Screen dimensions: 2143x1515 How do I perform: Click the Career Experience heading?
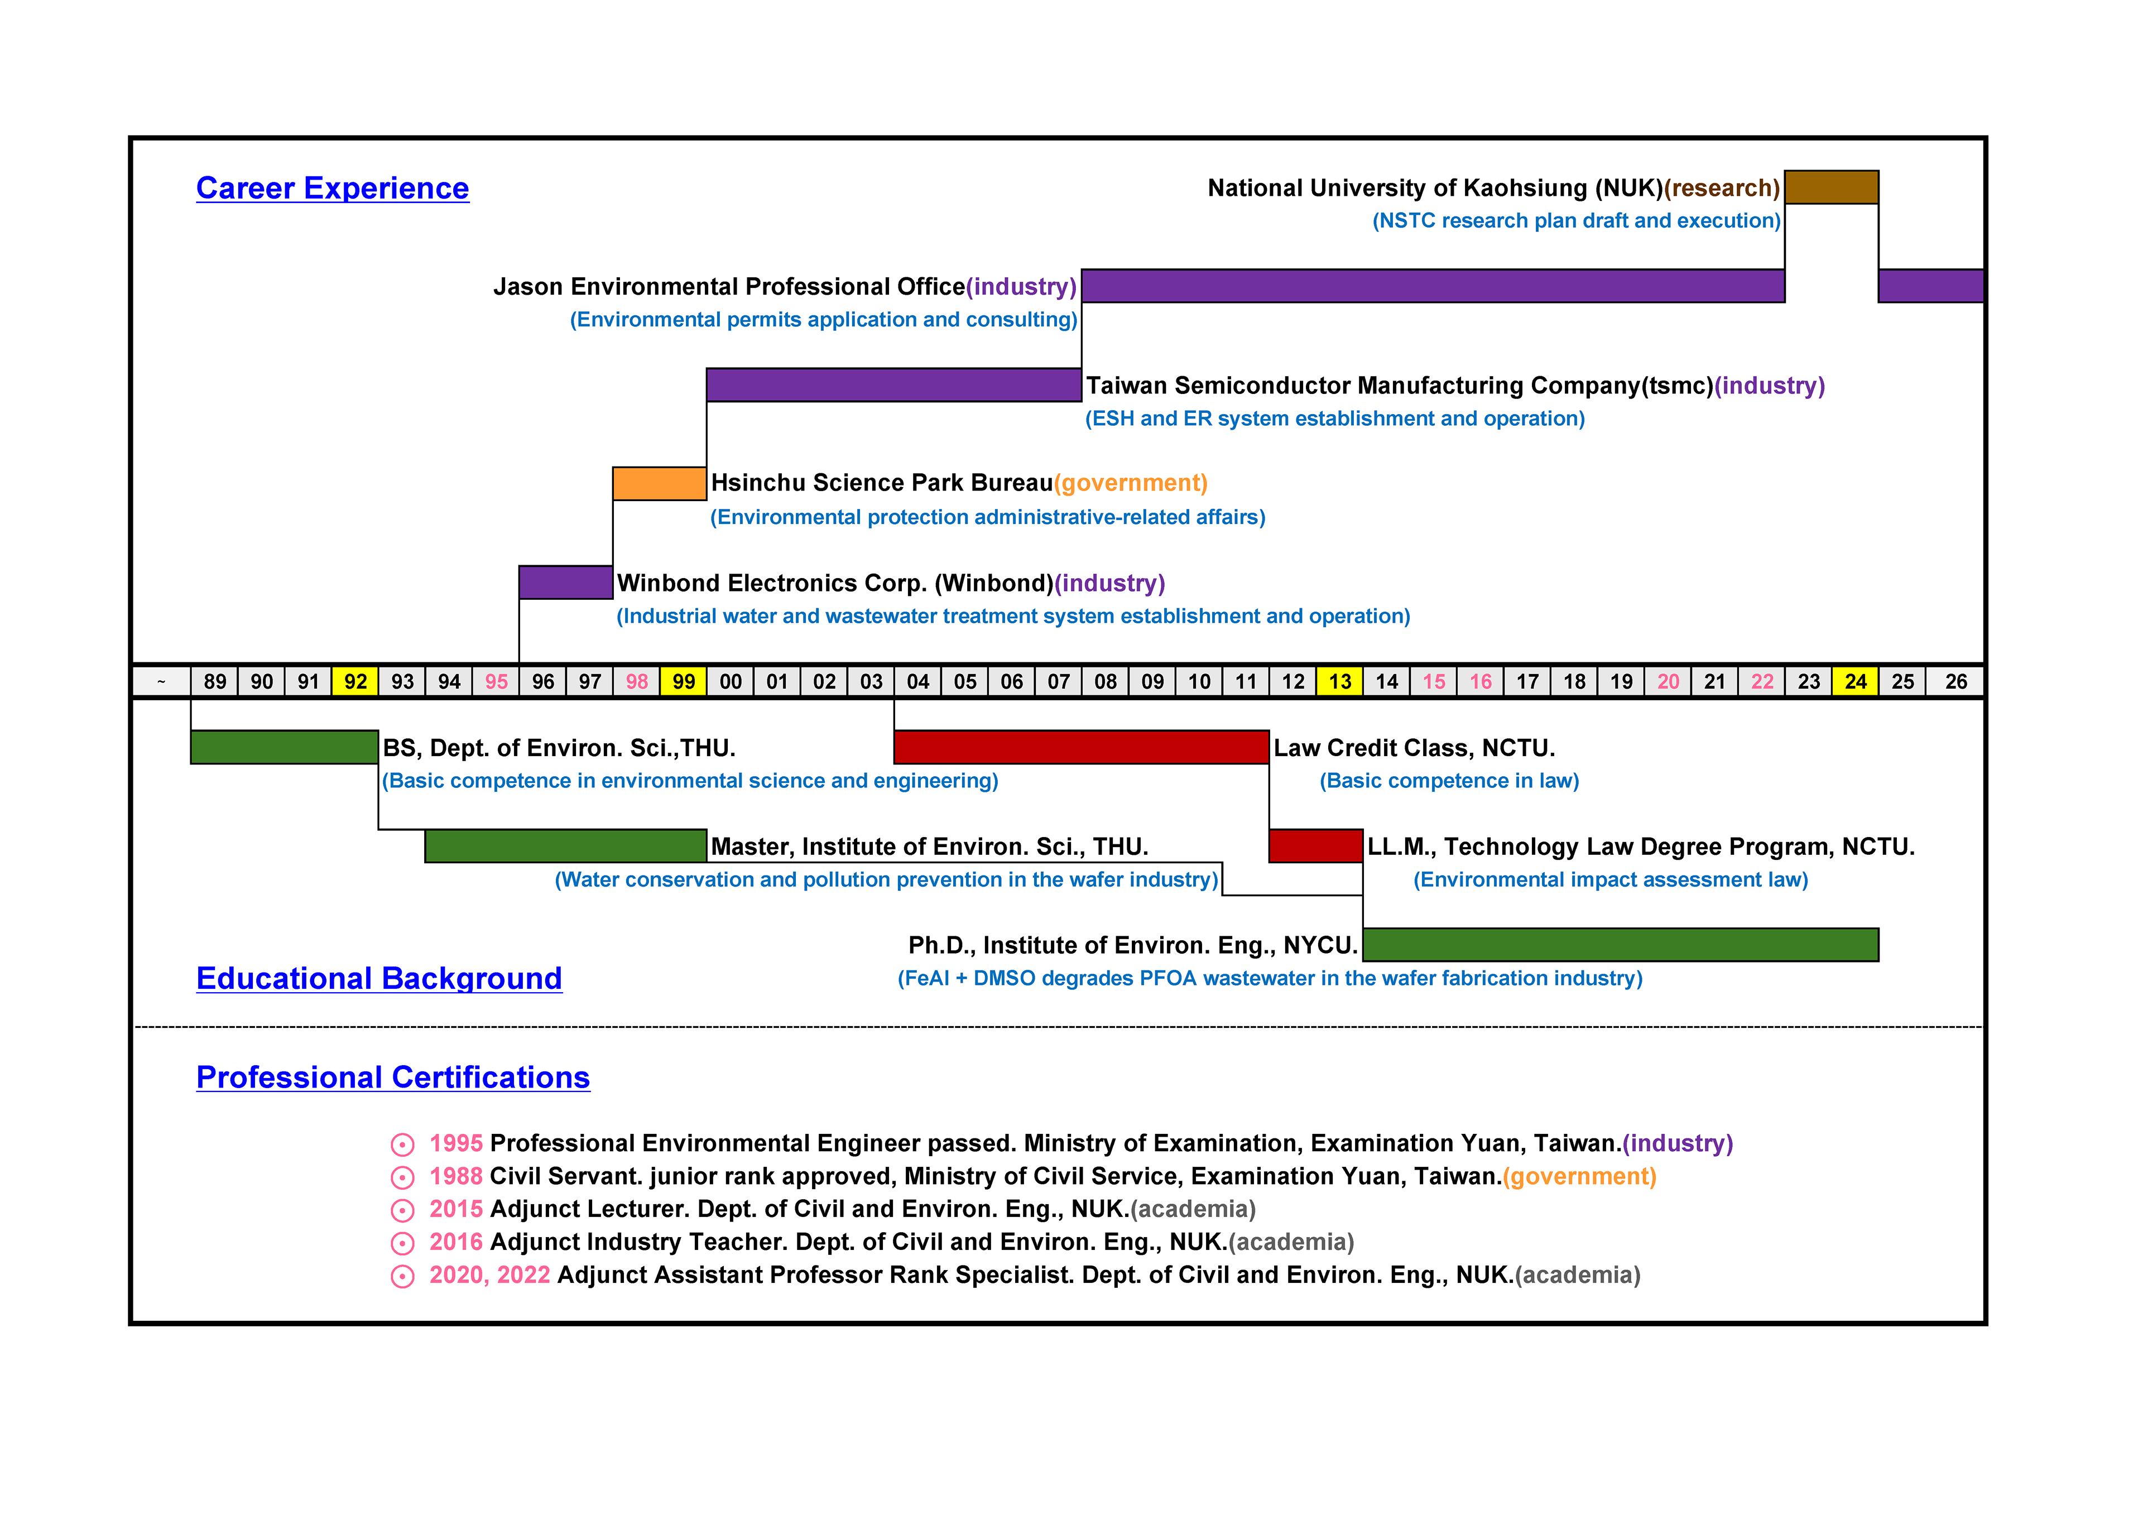(332, 189)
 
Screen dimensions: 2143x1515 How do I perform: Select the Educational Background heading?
(379, 978)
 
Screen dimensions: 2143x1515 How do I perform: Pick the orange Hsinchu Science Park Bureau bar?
(659, 484)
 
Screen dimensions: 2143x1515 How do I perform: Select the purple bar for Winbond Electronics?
(566, 583)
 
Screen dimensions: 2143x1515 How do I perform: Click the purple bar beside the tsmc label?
(894, 384)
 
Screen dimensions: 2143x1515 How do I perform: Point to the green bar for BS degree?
(285, 747)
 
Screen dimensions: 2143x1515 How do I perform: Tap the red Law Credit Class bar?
(1082, 747)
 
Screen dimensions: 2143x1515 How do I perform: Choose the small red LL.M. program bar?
(1316, 846)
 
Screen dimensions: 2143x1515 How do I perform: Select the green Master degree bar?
(566, 846)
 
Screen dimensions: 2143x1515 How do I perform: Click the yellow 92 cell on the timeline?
(355, 681)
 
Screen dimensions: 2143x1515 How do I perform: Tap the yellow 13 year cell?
(1340, 681)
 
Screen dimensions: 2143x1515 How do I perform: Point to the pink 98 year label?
(637, 681)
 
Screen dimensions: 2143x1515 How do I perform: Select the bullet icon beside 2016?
(402, 1243)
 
